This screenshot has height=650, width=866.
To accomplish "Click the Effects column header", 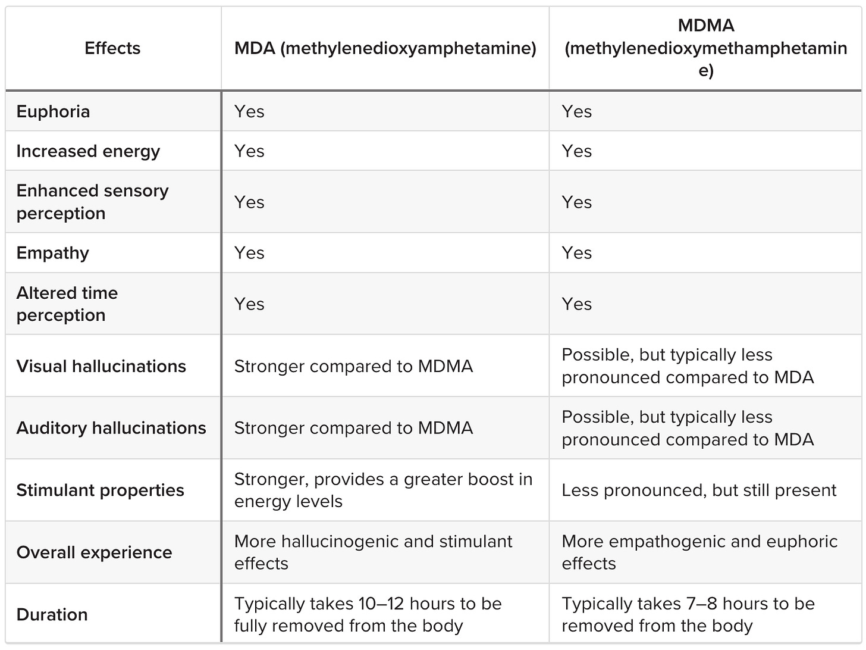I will [x=112, y=48].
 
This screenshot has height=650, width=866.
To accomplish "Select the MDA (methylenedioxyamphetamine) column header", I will [x=385, y=48].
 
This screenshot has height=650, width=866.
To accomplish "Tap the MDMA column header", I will [x=705, y=48].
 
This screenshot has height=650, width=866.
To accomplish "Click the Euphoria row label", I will [x=54, y=111].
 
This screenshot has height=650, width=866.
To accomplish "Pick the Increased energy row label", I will [x=88, y=151].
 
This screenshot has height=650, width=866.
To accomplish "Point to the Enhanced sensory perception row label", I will [x=92, y=202].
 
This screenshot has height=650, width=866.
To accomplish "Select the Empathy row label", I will [x=53, y=253].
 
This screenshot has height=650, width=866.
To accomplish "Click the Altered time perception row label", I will [x=67, y=304].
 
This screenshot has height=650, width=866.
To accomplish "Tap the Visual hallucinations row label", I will [x=101, y=366].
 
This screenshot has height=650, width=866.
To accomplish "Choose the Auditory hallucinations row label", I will [x=111, y=428].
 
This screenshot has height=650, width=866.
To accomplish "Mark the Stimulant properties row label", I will [x=100, y=490].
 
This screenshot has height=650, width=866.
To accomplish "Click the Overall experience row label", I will [x=94, y=552].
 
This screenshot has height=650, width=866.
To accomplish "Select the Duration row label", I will [x=52, y=614].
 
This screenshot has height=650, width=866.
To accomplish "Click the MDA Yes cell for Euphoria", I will [x=249, y=111].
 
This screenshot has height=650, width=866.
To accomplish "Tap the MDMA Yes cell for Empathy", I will [x=577, y=253].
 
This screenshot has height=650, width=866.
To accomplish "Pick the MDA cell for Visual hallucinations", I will [x=353, y=366].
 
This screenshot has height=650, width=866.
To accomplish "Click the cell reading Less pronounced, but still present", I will [x=699, y=490].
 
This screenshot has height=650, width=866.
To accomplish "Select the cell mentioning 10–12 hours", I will [x=368, y=614].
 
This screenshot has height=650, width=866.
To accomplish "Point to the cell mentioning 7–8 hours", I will [x=688, y=614].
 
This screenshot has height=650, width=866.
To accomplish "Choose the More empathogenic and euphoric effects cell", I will [x=699, y=552].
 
